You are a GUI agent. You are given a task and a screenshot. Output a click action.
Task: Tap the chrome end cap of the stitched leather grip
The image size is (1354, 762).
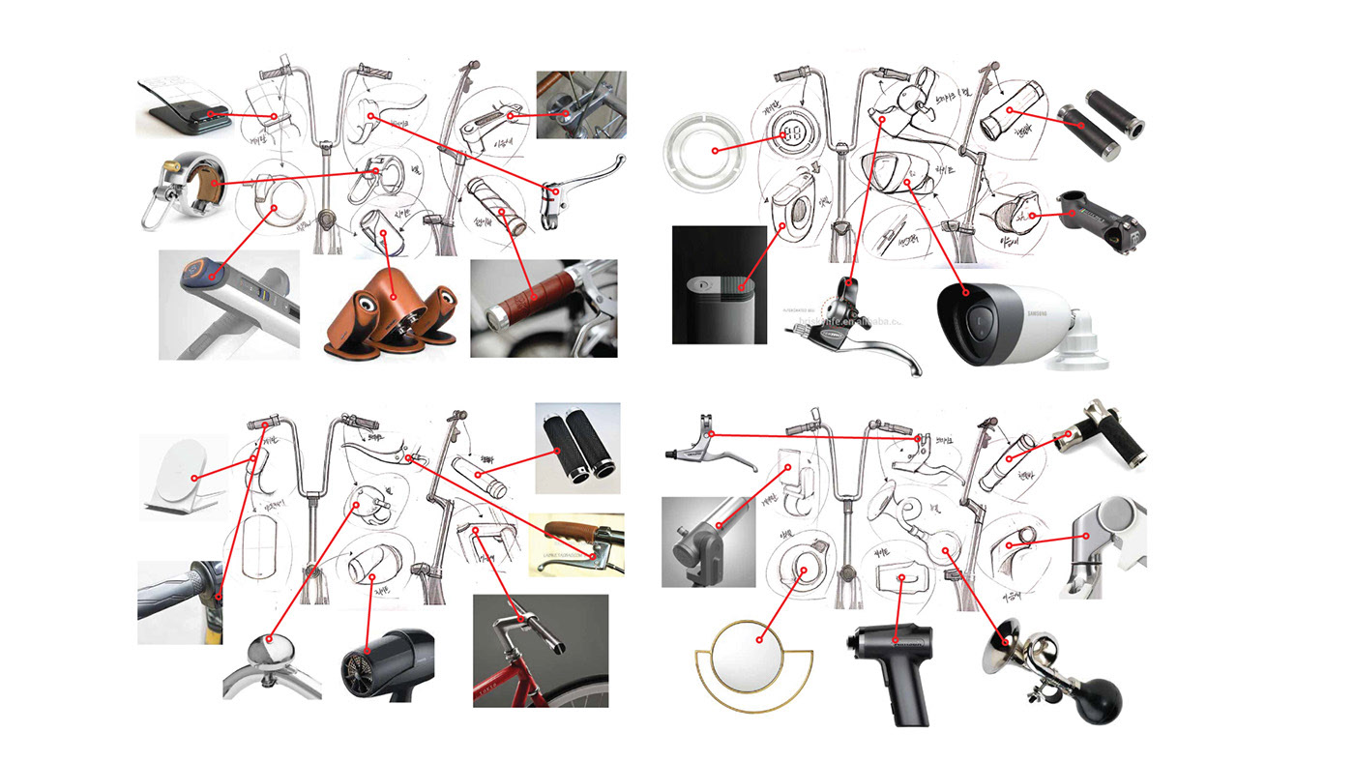[499, 316]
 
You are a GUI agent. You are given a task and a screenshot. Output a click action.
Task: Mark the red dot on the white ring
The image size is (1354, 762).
[715, 150]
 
